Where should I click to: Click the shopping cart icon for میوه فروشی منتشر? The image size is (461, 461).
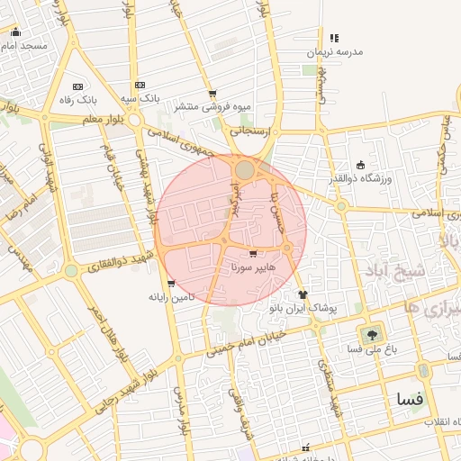pyautogui.click(x=212, y=94)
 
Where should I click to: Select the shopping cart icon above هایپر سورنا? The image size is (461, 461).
pyautogui.click(x=253, y=255)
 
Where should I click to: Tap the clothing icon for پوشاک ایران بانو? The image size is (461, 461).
pyautogui.click(x=302, y=294)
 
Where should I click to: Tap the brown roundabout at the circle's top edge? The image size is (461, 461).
pyautogui.click(x=245, y=168)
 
